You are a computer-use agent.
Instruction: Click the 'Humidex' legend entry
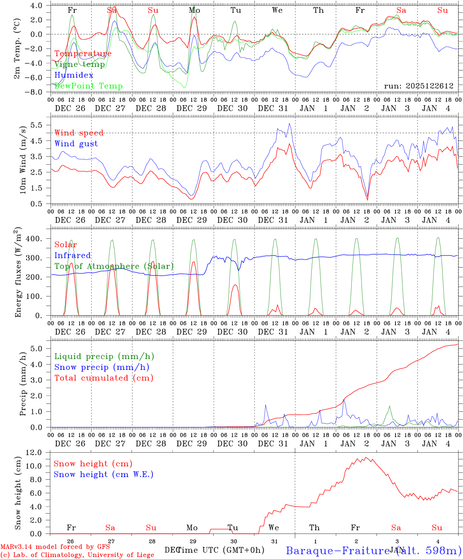tap(74, 75)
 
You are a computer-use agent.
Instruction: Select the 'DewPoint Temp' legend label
tap(88, 86)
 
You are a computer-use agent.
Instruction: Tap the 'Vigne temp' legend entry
tap(79, 64)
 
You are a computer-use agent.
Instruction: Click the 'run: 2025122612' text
tap(418, 86)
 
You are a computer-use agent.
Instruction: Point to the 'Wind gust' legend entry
tap(76, 144)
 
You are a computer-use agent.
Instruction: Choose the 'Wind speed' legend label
tap(79, 133)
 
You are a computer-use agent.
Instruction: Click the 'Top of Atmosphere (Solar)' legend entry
tap(114, 266)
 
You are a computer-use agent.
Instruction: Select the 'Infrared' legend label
tap(73, 255)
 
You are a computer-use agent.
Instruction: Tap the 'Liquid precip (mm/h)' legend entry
tap(104, 356)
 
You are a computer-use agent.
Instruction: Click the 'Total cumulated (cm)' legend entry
tap(104, 378)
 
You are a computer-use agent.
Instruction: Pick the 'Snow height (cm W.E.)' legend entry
tap(104, 474)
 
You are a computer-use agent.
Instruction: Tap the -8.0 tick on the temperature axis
tap(36, 92)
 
